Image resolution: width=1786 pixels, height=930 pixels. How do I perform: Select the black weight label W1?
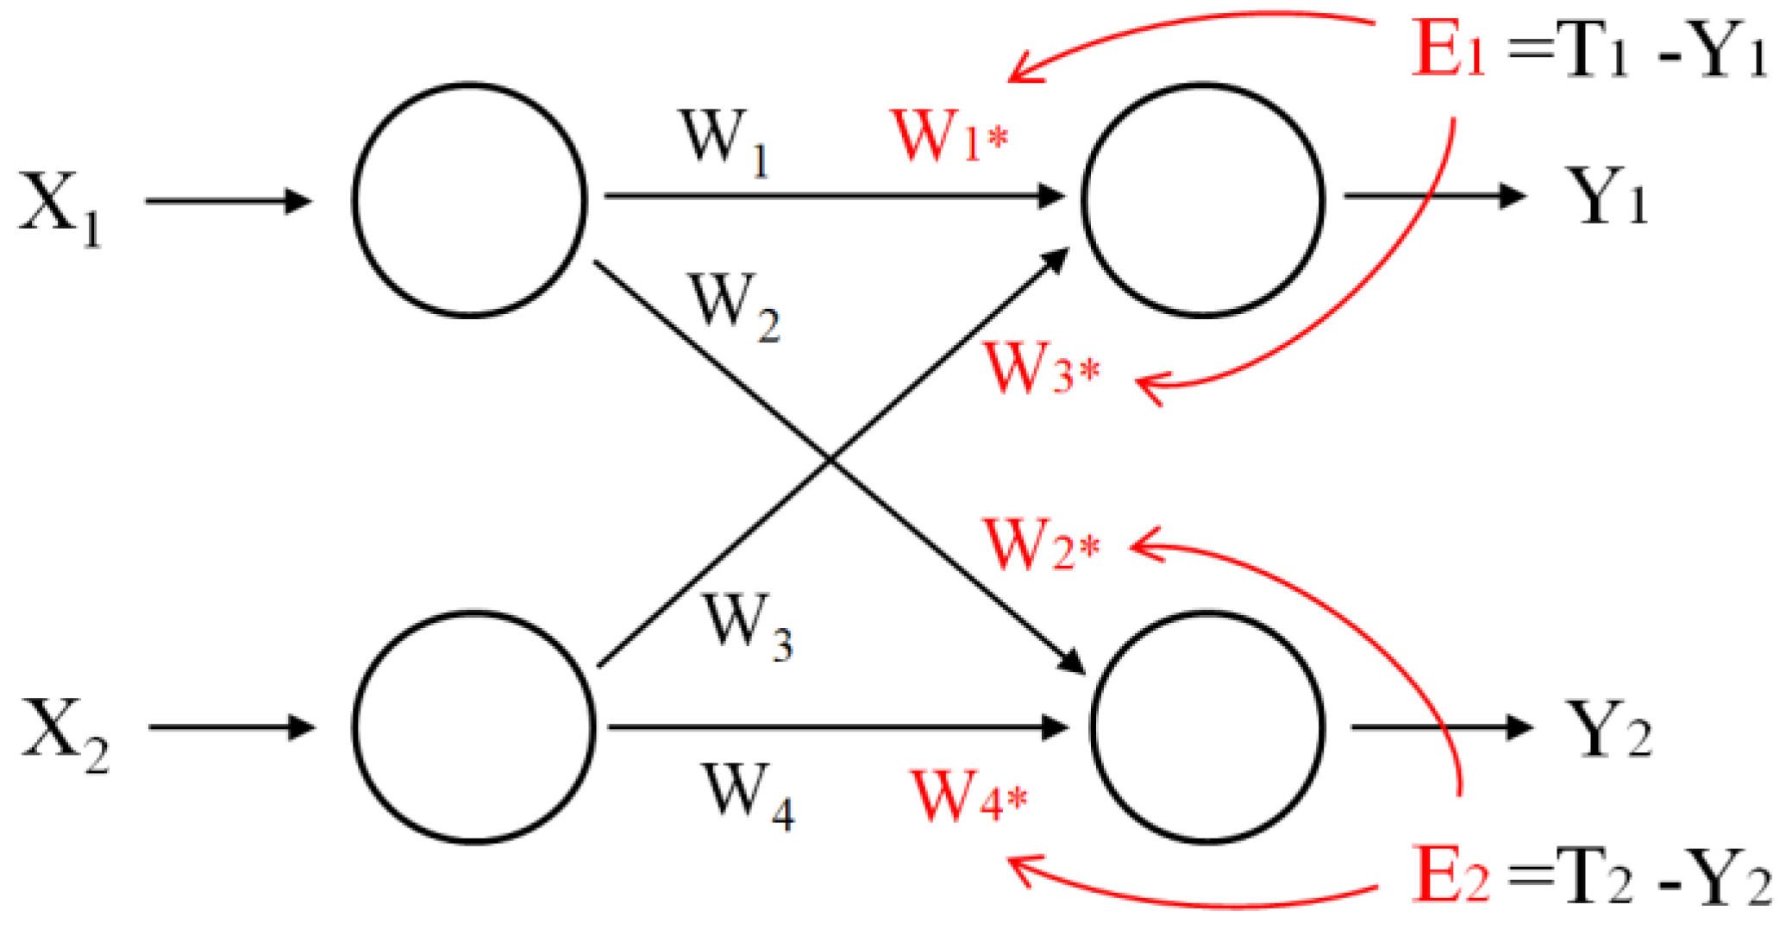tap(724, 143)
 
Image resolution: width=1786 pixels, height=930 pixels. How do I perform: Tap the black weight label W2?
tap(733, 307)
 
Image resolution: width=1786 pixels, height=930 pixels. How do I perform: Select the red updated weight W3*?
tap(1042, 369)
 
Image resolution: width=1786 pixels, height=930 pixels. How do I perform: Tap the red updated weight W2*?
tap(1042, 545)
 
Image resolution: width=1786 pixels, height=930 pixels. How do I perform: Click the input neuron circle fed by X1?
tap(470, 200)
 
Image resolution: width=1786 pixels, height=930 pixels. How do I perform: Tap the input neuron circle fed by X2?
tap(473, 726)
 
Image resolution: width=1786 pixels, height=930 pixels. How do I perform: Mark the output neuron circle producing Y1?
tap(1203, 200)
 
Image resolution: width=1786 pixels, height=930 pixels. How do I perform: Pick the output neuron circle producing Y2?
tap(1206, 726)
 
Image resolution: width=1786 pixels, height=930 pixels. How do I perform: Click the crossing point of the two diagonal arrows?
tap(830, 460)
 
